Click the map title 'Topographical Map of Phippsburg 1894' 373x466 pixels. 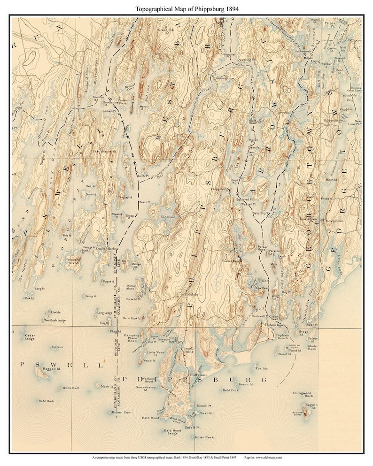pos(186,8)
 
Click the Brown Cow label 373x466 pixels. pos(121,413)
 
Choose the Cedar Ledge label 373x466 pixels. pos(30,337)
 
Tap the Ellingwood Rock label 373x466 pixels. pos(302,395)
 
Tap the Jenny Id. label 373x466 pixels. pos(91,297)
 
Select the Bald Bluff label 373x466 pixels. pos(261,213)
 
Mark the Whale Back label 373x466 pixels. pos(312,347)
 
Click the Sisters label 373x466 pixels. pos(57,347)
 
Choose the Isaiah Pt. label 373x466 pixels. pos(204,406)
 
